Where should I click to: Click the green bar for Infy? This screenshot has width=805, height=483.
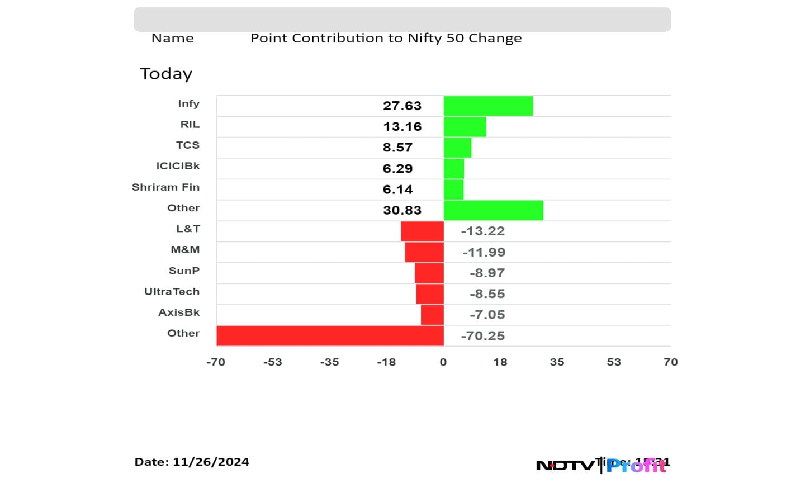[488, 106]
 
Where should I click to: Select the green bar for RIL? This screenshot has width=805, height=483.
[465, 127]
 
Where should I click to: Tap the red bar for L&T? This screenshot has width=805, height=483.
[422, 231]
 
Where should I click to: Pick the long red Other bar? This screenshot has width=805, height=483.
[330, 336]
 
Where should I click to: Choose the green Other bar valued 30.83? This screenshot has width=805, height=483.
[493, 210]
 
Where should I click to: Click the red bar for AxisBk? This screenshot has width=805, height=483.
[432, 315]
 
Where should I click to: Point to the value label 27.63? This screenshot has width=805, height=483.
[402, 106]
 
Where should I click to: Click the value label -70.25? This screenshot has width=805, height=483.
[482, 336]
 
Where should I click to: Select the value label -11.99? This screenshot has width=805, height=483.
[484, 252]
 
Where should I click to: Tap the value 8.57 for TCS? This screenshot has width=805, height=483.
[397, 148]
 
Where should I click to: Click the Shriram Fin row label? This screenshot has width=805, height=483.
[165, 187]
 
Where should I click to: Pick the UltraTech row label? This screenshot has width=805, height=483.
[172, 292]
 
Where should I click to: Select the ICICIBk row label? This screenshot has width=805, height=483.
[178, 166]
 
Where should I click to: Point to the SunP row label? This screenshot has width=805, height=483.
[184, 271]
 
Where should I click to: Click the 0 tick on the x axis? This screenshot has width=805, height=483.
[443, 362]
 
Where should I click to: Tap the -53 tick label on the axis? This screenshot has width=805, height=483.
[273, 362]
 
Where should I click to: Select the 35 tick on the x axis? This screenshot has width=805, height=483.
[557, 362]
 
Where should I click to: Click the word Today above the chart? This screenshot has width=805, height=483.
[166, 74]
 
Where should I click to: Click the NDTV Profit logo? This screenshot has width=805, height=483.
[602, 465]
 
